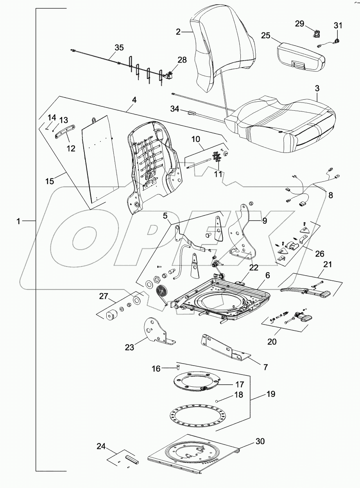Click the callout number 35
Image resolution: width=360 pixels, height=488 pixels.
119,48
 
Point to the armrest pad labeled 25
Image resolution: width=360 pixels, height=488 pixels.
299,57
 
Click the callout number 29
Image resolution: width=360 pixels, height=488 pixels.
299,24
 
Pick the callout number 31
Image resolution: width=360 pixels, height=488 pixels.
338,26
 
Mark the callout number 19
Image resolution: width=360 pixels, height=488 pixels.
270,395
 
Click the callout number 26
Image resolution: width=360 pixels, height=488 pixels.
320,254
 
